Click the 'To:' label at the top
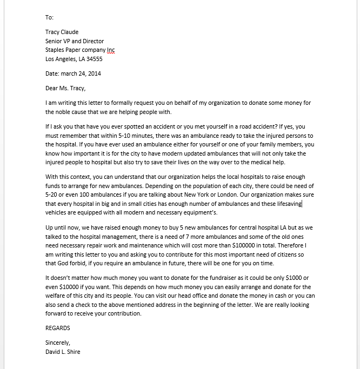[49, 17]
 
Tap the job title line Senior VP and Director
[75, 41]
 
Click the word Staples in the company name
[56, 50]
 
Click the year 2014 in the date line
[93, 73]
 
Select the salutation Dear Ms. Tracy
[65, 88]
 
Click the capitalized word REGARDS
[58, 328]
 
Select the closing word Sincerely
[58, 343]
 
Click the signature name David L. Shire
[63, 351]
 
